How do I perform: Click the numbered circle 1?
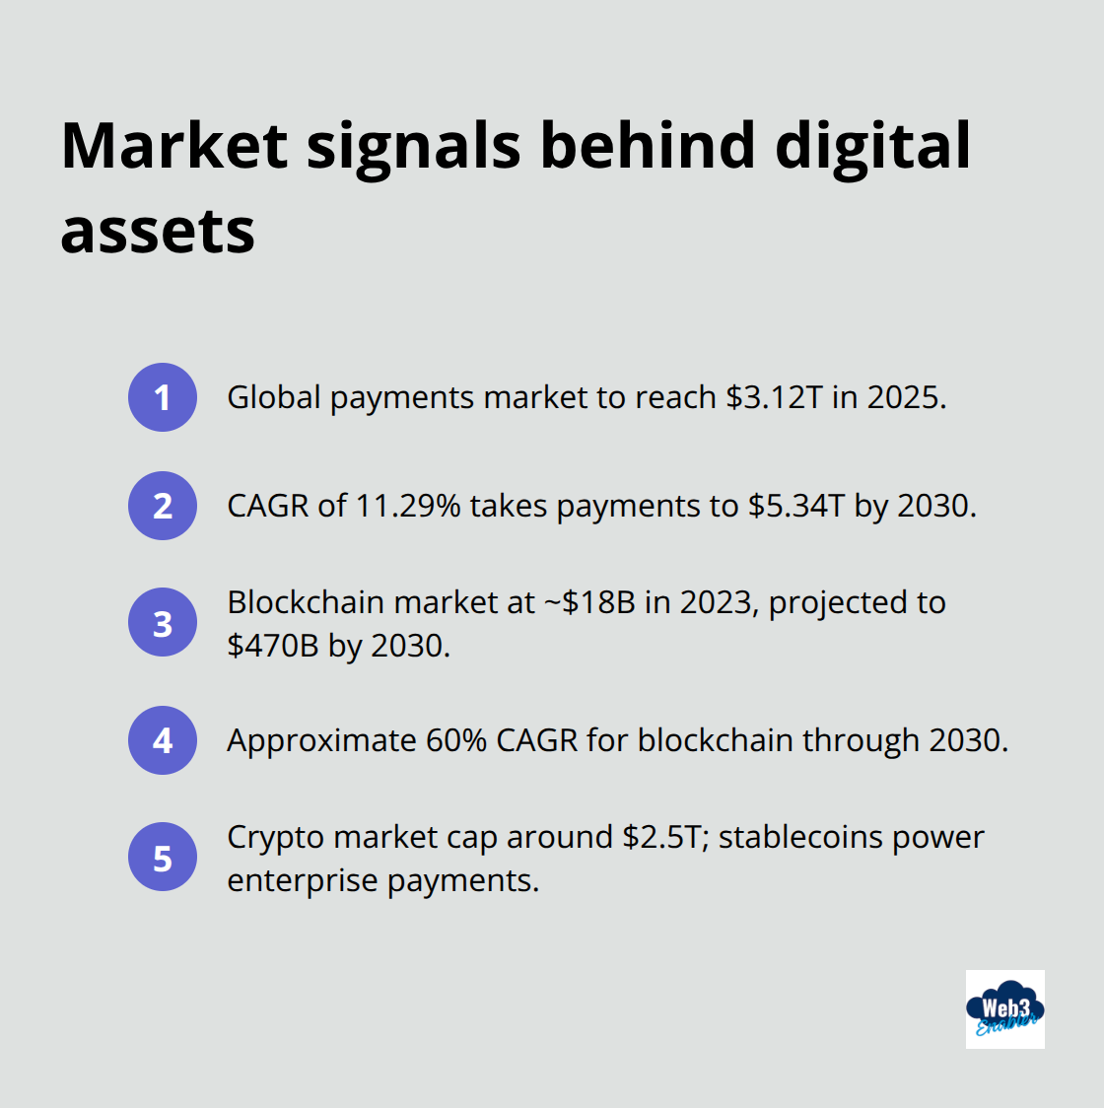tap(163, 397)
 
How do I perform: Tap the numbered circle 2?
tap(163, 506)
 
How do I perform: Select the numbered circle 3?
tap(163, 623)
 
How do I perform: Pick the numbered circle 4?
tap(163, 740)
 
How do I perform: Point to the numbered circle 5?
tap(163, 858)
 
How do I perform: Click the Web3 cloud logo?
tap(1004, 1008)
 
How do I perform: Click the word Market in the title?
tap(174, 146)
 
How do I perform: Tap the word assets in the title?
tap(158, 232)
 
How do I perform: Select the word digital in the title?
tap(872, 146)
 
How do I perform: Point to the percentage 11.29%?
tap(407, 506)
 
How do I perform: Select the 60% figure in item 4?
tap(456, 740)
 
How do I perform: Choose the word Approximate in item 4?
tap(321, 740)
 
